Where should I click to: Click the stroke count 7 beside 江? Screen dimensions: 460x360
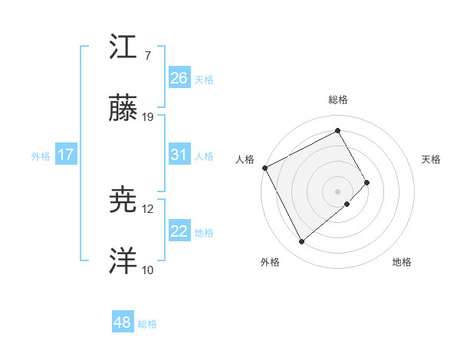148,56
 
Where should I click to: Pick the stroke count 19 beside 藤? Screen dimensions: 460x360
149,117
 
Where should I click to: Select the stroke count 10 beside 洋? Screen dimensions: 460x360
148,270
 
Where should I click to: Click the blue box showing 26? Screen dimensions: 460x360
179,77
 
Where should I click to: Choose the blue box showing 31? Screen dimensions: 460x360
179,155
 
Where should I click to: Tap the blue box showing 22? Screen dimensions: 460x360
179,231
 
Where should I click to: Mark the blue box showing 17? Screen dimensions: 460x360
66,155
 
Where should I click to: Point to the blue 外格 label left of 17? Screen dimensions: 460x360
41,155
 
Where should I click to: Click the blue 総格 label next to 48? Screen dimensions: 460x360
147,324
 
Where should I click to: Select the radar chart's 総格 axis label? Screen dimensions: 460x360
338,100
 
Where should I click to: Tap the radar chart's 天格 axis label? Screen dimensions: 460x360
432,159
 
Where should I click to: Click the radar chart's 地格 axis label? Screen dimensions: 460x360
402,263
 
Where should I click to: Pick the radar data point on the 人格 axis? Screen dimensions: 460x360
264,168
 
